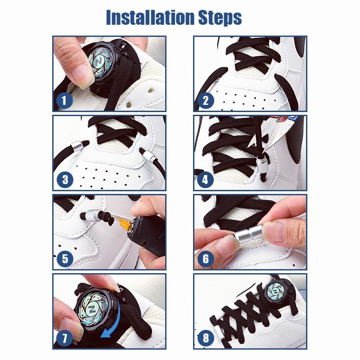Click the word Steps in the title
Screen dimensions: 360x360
point(220,18)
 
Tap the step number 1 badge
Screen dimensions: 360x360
point(64,100)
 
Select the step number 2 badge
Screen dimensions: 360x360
point(206,100)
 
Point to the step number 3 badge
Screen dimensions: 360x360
point(65,179)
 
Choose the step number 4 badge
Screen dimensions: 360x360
point(206,180)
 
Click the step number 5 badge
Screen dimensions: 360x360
point(65,259)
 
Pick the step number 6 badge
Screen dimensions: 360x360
point(206,259)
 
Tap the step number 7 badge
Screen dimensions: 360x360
point(65,338)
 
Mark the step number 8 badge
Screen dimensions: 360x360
point(206,338)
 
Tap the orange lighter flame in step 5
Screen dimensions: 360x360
point(125,223)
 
